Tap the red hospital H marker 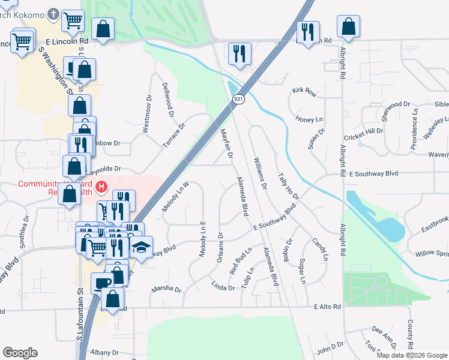click(x=101, y=187)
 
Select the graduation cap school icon click(x=140, y=248)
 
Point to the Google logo click(x=20, y=353)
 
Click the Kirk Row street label click(x=304, y=91)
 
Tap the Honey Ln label click(x=309, y=119)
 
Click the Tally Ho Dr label click(x=288, y=187)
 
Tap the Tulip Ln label click(x=247, y=278)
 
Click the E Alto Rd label click(x=327, y=307)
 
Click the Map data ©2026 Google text click(x=411, y=355)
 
